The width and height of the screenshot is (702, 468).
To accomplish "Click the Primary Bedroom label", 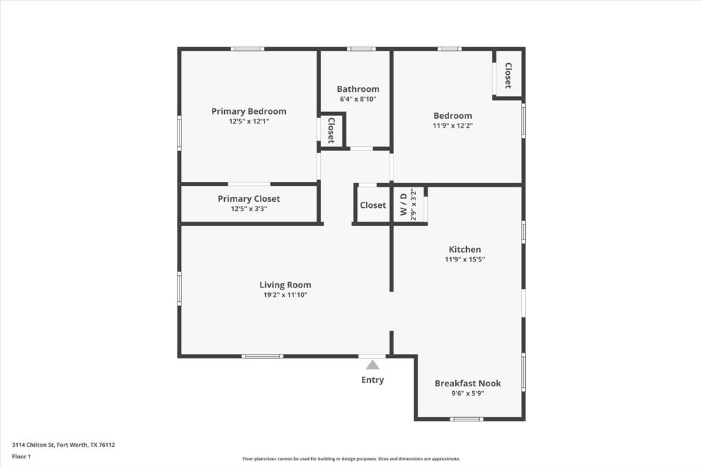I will tap(248, 111).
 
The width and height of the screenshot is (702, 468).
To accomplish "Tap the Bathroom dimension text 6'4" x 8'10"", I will tap(357, 99).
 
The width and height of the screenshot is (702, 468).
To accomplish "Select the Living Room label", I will tap(285, 285).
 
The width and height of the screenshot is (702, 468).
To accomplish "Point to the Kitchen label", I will tap(465, 249).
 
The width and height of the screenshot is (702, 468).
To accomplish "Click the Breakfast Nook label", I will tap(468, 383).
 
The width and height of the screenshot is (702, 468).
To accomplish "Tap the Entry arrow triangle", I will tap(372, 364).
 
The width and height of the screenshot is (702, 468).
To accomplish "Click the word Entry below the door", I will tap(372, 379).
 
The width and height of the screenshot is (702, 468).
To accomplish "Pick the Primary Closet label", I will tap(248, 199).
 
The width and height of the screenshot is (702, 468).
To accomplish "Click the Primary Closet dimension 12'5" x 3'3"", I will tap(248, 209).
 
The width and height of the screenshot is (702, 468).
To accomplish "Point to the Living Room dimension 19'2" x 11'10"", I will tap(285, 295).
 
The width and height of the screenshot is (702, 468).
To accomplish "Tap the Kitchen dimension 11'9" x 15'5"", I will tap(465, 259).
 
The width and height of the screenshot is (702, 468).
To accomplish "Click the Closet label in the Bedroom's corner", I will tap(508, 75).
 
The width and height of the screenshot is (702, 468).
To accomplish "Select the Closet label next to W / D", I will tap(373, 205).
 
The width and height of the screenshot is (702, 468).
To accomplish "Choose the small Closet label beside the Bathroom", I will tap(331, 130).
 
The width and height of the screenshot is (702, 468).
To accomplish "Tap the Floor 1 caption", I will tap(22, 456).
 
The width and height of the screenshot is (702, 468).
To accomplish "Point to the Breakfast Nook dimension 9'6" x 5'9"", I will tap(468, 393).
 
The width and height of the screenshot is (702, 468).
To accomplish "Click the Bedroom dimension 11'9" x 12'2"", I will tap(452, 126).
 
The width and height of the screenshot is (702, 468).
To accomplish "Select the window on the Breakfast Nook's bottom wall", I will tap(466, 419).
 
